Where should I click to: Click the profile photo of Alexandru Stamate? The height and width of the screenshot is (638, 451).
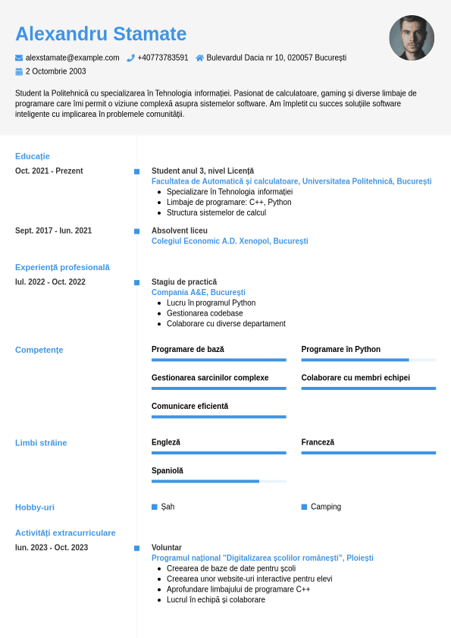(412, 38)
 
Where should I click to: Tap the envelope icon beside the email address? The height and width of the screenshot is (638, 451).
(19, 58)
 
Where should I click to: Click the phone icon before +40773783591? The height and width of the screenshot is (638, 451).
(130, 58)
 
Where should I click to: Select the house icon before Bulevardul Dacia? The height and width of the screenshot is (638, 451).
(199, 58)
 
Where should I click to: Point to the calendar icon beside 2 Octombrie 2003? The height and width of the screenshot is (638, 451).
(19, 71)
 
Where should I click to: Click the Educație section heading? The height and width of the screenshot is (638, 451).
(33, 156)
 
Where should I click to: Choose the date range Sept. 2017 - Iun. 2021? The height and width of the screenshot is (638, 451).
(53, 231)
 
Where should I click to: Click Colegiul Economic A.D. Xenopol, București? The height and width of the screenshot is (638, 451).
(230, 241)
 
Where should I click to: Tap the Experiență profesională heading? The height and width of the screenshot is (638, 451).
(62, 267)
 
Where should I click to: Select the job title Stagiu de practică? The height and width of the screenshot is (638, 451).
(184, 282)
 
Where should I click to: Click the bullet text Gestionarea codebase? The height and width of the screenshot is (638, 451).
(205, 313)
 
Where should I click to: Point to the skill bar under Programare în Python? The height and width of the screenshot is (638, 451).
(368, 360)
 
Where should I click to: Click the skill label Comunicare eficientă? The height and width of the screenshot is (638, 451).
(189, 407)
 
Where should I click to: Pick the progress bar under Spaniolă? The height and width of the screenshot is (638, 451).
(218, 481)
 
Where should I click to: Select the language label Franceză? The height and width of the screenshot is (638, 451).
(318, 442)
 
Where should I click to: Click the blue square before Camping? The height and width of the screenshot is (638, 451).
(304, 507)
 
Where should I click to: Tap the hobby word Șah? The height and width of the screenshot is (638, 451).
(168, 507)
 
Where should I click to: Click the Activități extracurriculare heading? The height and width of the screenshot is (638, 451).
(65, 533)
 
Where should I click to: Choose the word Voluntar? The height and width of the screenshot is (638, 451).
(167, 548)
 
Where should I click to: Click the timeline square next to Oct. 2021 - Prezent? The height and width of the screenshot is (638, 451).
(136, 171)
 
